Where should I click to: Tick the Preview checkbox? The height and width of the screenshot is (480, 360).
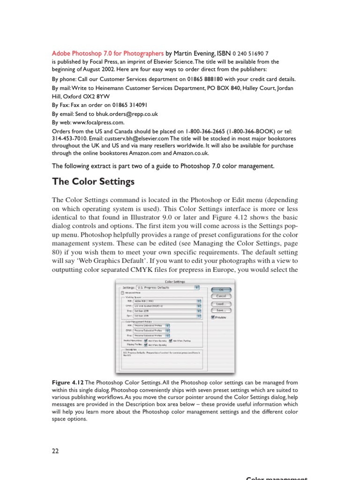click(213, 317)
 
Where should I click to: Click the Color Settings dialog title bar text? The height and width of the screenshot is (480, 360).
click(175, 282)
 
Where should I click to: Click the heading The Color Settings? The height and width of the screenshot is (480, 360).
click(93, 181)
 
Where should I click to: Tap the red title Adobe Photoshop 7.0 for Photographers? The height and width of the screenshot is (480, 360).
click(107, 53)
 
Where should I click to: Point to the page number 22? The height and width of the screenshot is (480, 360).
click(55, 451)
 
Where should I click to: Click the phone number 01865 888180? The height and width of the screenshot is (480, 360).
click(208, 79)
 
